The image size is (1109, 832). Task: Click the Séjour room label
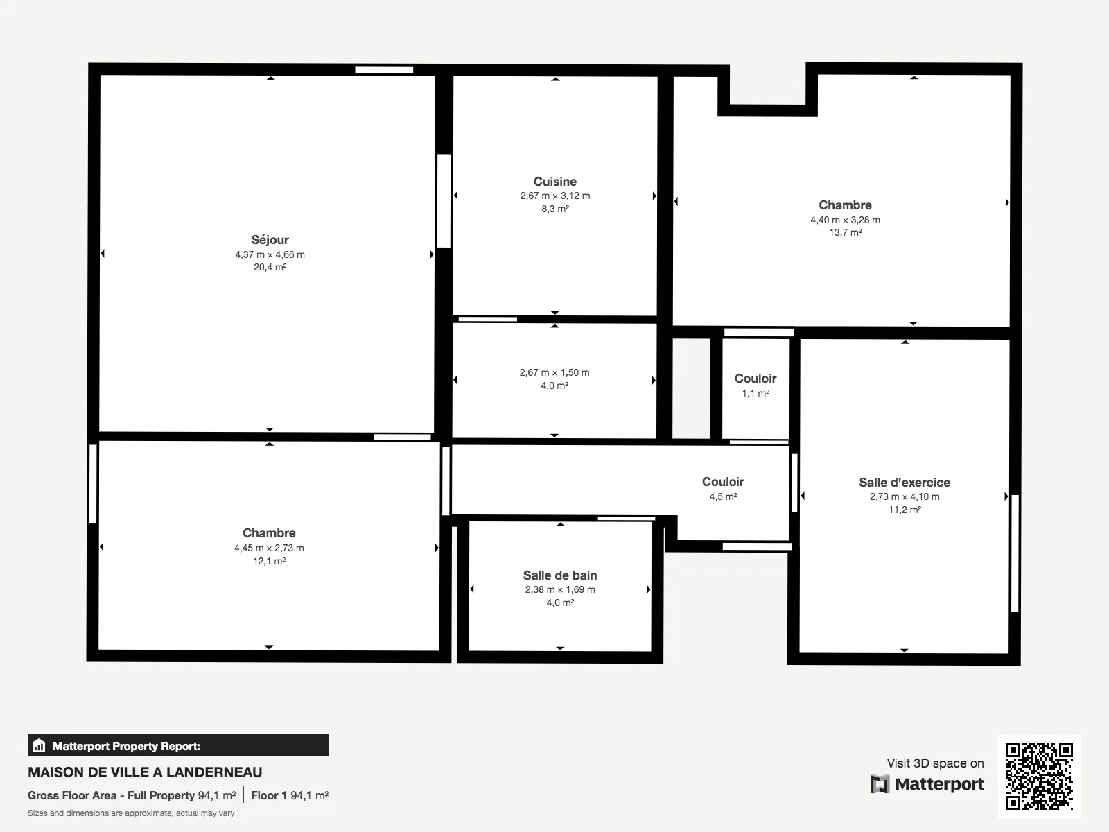coord(270,239)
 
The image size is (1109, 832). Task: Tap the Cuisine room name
coord(554,182)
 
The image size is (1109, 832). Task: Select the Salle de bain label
coord(560,575)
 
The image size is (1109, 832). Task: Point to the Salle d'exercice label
coord(905,483)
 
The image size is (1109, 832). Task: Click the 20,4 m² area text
coord(270,267)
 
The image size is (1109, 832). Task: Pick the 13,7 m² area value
coord(845,232)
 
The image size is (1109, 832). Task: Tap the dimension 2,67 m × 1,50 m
coord(554,373)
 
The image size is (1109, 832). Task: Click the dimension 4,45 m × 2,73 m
coord(269,548)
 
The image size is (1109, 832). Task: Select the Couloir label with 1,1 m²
coord(756,379)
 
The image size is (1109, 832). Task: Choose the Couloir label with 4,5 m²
coord(723,481)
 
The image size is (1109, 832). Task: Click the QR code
coord(1039,776)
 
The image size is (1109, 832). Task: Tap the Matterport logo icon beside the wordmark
coord(880,784)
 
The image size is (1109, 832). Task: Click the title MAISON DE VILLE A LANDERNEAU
coord(145,772)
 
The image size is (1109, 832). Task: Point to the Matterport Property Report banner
coord(178,745)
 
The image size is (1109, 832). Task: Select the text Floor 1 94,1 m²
coord(290,796)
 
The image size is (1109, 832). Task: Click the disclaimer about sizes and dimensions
coord(131,813)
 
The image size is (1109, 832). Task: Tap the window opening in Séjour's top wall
coord(384,70)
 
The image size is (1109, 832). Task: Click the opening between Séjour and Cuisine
coord(444,200)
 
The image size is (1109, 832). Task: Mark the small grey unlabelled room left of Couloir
coord(691,388)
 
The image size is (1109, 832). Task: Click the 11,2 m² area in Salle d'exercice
coord(905,510)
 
